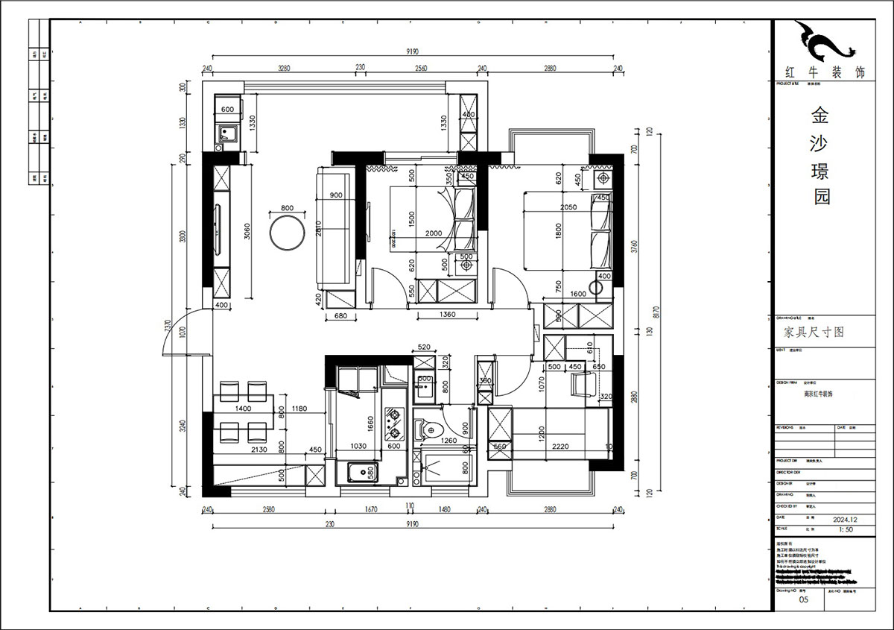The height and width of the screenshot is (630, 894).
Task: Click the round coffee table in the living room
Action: pos(286,233)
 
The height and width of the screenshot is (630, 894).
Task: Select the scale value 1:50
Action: pos(846,529)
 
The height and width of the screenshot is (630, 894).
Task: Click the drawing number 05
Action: pos(803,599)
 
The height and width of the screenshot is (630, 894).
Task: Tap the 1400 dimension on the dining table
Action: pos(243,409)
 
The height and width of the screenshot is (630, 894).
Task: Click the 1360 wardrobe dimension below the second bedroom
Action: pos(447,315)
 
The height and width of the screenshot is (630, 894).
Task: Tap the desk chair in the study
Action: pos(582,385)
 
